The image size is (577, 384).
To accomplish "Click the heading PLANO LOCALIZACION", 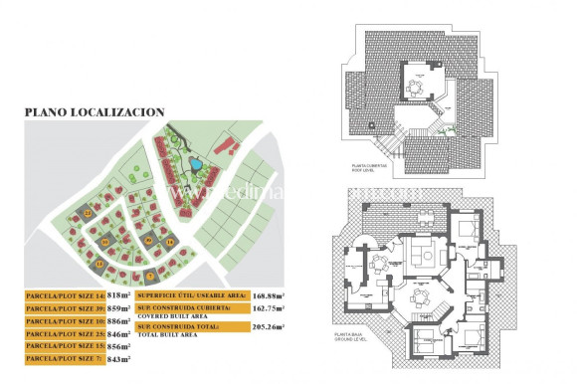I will [x=94, y=112].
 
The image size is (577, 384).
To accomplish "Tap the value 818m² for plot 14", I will [x=118, y=295].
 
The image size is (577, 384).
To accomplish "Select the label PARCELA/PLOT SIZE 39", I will [x=65, y=308].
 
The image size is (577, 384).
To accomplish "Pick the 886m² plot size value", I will [x=118, y=321].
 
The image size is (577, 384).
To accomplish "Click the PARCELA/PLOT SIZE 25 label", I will [x=65, y=334].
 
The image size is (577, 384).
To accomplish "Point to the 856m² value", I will [x=118, y=347].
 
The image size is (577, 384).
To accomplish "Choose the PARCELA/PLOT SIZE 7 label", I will [x=65, y=359].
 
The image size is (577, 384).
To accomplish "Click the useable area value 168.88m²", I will [x=269, y=295].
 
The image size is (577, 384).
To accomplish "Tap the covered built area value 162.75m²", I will [x=269, y=308].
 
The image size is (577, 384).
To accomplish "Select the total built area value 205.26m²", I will [x=269, y=326].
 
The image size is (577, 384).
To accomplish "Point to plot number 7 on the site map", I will [x=149, y=275].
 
